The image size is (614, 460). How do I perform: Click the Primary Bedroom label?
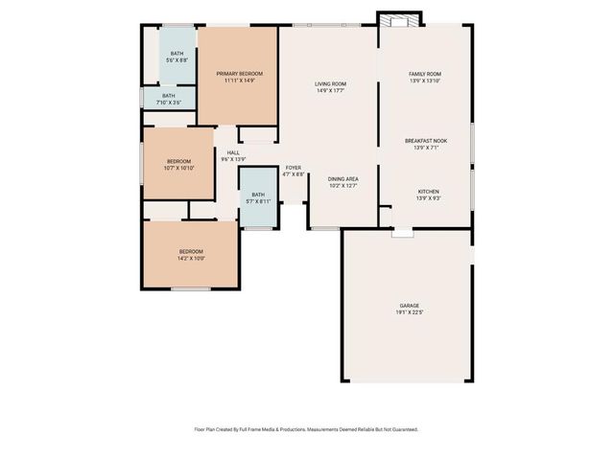[x=239, y=74]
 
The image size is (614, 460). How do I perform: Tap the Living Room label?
[x=330, y=84]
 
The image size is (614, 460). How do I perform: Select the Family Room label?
[x=425, y=74]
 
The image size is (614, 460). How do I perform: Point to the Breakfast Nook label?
[x=426, y=141]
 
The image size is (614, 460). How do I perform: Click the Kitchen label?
[x=428, y=191]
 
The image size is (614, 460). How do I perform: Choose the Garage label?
[x=409, y=306]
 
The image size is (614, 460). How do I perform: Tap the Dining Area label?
[x=342, y=179]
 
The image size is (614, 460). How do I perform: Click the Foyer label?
[x=294, y=168]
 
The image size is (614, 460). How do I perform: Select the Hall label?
[x=233, y=152]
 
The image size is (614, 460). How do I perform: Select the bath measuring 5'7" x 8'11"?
[x=258, y=197]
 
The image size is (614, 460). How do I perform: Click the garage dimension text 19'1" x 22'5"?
[x=409, y=312]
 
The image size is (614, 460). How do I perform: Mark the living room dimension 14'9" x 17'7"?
[x=330, y=91]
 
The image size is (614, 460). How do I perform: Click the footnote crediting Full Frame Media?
[x=306, y=429]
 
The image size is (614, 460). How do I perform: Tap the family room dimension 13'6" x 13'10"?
[x=425, y=80]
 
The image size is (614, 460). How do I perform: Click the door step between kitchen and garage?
[x=402, y=232]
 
